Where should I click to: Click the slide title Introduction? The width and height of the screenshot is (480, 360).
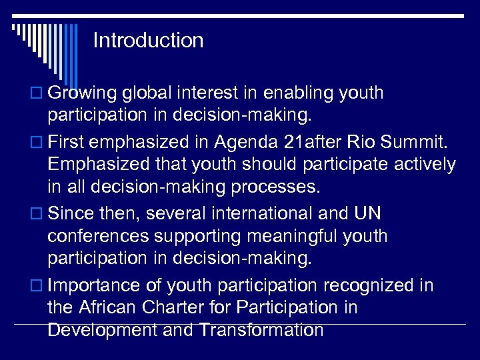pyautogui.click(x=148, y=41)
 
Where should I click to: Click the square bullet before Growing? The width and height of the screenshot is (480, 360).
pyautogui.click(x=37, y=93)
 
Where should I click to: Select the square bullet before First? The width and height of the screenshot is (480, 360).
pyautogui.click(x=37, y=142)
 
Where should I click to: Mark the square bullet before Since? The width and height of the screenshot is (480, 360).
pyautogui.click(x=37, y=214)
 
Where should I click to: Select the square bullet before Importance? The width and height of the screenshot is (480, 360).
pyautogui.click(x=37, y=287)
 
